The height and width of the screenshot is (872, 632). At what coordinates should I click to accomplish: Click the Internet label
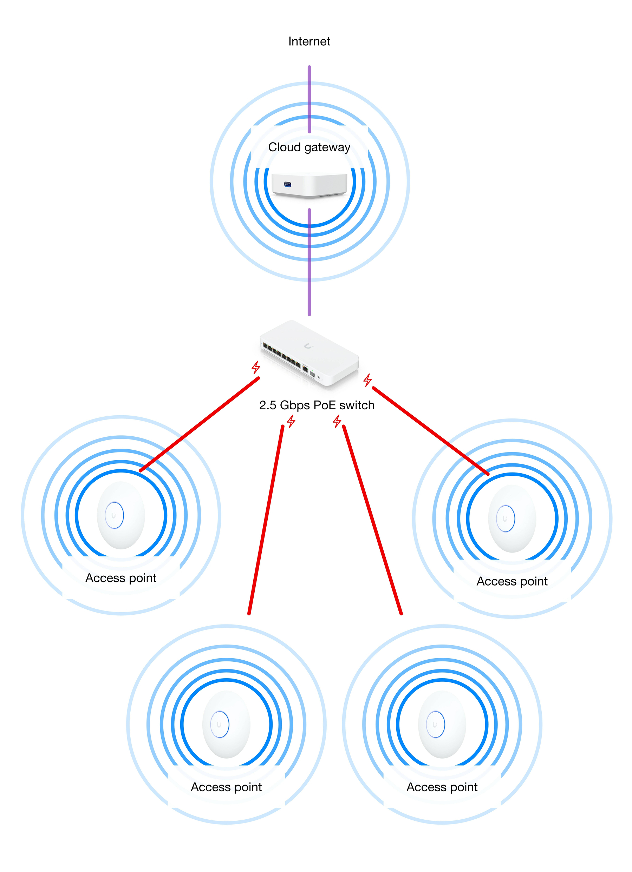309,41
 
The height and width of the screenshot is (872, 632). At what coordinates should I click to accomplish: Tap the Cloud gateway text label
309,147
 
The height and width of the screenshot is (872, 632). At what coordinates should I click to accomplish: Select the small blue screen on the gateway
287,185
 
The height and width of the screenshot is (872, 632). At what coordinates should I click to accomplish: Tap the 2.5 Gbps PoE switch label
317,405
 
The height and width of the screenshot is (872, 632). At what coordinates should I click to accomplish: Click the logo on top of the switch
308,346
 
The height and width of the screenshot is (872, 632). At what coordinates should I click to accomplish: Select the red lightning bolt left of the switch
256,367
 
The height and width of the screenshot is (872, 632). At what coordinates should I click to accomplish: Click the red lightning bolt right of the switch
368,380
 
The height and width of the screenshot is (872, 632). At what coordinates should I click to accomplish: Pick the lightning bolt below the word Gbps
291,421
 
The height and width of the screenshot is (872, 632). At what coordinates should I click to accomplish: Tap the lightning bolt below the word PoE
337,421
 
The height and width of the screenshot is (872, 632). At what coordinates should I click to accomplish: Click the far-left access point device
121,515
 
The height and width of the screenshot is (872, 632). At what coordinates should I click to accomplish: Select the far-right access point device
512,518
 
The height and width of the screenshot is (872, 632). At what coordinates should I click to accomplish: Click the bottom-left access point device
226,724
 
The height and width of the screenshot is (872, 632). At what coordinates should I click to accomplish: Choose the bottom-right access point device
442,724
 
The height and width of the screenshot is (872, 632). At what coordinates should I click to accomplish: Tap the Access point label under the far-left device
121,578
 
